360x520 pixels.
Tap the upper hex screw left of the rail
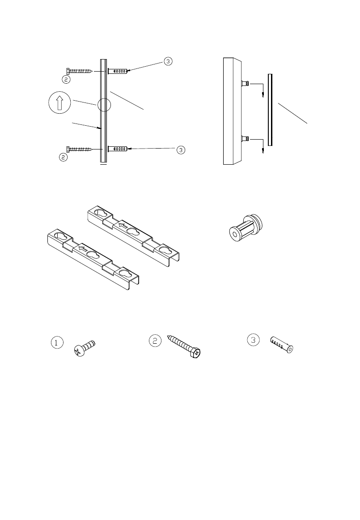point(80,71)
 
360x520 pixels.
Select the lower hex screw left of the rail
point(80,149)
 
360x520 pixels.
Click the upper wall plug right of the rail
point(119,71)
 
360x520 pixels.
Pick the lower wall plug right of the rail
point(119,148)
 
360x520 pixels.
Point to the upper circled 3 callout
point(167,61)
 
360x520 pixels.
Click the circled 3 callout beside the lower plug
point(180,150)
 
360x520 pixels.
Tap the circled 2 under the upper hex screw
point(65,79)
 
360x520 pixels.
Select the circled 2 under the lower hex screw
point(64,157)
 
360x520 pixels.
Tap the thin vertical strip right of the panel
point(270,110)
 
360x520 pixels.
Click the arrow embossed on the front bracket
point(82,247)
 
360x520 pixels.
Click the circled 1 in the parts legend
point(56,343)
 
